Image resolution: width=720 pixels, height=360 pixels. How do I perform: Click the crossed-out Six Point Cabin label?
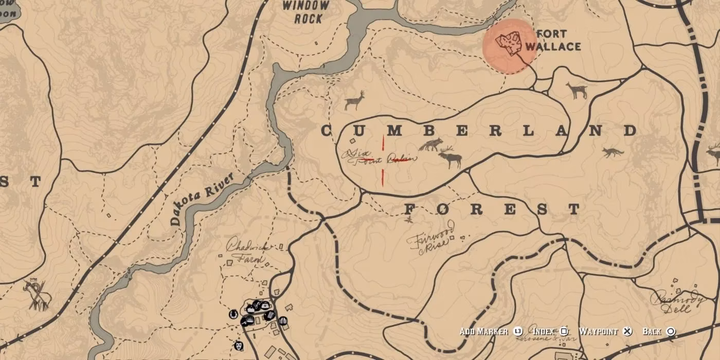378,156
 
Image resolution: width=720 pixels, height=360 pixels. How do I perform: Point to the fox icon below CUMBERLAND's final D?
613,152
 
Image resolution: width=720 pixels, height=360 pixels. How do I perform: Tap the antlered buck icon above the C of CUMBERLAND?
354,100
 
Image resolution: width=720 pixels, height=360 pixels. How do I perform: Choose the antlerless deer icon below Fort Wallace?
577,91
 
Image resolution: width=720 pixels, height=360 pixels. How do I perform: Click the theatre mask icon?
238,346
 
